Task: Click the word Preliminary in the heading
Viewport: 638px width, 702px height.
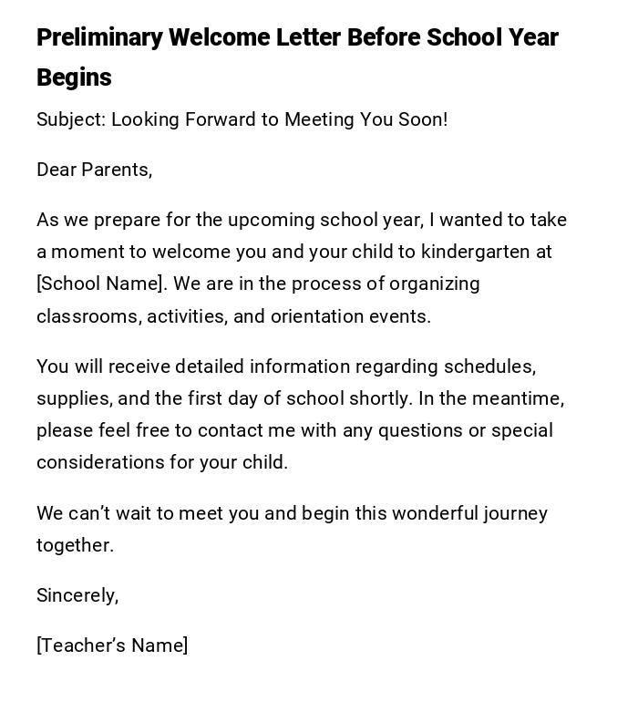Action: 99,38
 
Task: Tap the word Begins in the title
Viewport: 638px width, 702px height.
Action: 74,78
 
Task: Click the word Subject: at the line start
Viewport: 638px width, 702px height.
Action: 71,120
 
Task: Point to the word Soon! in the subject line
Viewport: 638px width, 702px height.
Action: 423,120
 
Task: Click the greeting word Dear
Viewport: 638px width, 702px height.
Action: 57,170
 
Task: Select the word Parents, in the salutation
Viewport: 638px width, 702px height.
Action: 118,170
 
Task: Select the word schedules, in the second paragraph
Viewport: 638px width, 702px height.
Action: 489,367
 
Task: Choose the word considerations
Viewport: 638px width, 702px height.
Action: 98,463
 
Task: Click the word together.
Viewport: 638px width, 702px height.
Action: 75,546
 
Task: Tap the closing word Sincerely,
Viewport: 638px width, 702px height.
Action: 77,596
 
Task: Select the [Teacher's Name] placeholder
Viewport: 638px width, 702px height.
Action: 112,646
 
